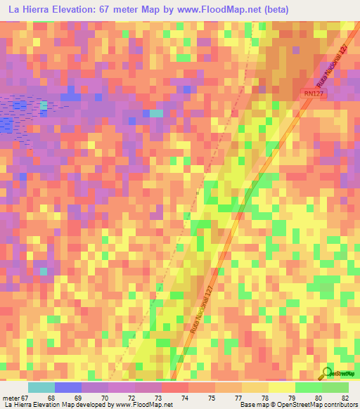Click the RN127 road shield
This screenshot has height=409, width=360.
(x=314, y=92)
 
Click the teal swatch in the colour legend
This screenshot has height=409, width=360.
(x=41, y=387)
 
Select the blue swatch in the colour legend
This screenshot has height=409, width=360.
(x=68, y=387)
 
